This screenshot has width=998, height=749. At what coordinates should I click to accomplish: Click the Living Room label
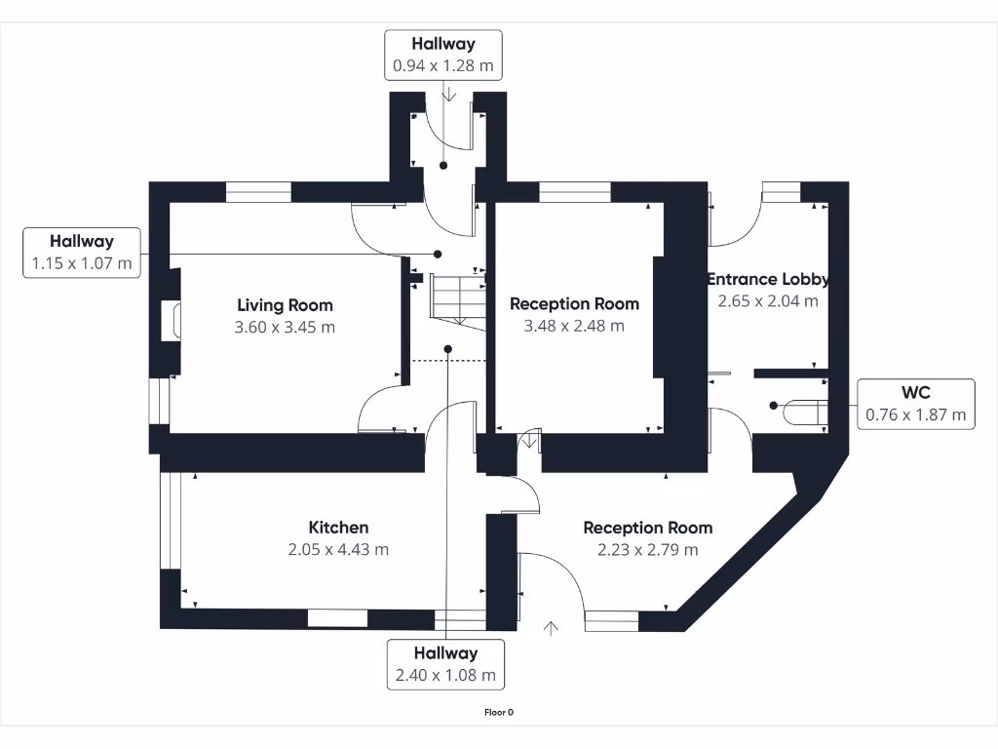click(285, 305)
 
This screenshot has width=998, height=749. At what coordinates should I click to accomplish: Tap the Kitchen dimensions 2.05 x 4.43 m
click(338, 549)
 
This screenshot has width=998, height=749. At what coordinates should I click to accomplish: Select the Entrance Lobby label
click(768, 279)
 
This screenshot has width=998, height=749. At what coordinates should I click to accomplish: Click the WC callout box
click(915, 404)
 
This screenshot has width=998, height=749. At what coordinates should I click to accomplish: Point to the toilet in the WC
click(804, 413)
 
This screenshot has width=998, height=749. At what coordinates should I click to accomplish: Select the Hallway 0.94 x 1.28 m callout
click(443, 55)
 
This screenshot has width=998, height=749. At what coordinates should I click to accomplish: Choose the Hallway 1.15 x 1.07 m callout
click(82, 252)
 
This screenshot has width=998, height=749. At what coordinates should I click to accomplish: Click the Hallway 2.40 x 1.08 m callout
click(445, 663)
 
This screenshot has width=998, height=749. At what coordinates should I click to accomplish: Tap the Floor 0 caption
click(499, 712)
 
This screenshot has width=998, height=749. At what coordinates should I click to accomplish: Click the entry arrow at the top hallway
click(448, 94)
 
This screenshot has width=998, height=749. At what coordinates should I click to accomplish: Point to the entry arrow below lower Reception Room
click(552, 627)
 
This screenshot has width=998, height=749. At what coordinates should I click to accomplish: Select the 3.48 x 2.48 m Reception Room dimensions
click(574, 326)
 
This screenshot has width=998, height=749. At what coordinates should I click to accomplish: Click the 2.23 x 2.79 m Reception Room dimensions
click(647, 549)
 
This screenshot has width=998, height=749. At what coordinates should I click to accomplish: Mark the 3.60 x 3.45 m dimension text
click(285, 327)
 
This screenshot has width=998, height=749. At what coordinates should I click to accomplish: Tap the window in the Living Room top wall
click(258, 192)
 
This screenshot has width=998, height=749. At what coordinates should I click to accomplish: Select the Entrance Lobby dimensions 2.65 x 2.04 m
click(768, 300)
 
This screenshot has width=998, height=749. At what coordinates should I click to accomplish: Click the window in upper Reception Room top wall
click(575, 192)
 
